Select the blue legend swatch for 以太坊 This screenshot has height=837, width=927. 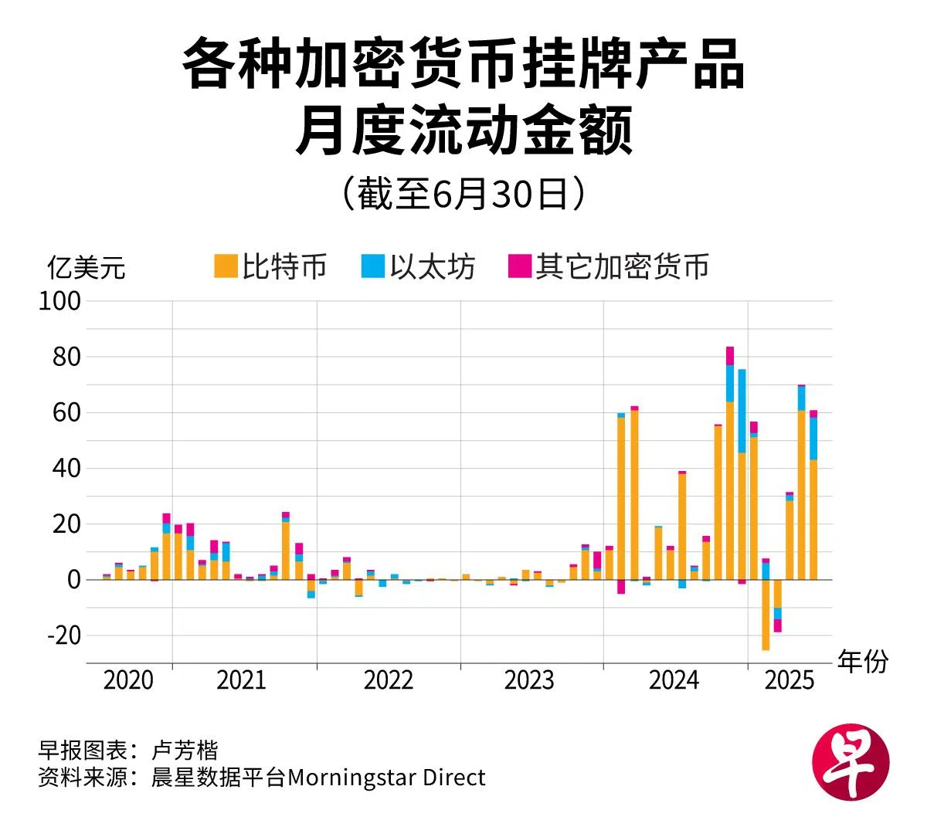pyautogui.click(x=372, y=266)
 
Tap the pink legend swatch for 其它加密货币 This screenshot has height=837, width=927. pyautogui.click(x=520, y=266)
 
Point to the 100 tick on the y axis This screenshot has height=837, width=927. pyautogui.click(x=59, y=301)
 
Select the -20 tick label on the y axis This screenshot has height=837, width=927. pyautogui.click(x=62, y=635)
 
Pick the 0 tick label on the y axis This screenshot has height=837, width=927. pyautogui.click(x=73, y=580)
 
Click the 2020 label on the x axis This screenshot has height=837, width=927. pyautogui.click(x=128, y=680)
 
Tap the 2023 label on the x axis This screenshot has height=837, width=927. pyautogui.click(x=529, y=680)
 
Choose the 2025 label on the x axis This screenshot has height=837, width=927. pyautogui.click(x=789, y=680)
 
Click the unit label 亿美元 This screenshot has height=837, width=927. pyautogui.click(x=86, y=268)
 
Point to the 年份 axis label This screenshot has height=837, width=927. pyautogui.click(x=863, y=662)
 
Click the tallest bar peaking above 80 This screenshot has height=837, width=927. pyautogui.click(x=730, y=463)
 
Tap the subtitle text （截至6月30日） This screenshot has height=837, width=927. pyautogui.click(x=463, y=193)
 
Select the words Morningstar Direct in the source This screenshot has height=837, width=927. pyautogui.click(x=386, y=777)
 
